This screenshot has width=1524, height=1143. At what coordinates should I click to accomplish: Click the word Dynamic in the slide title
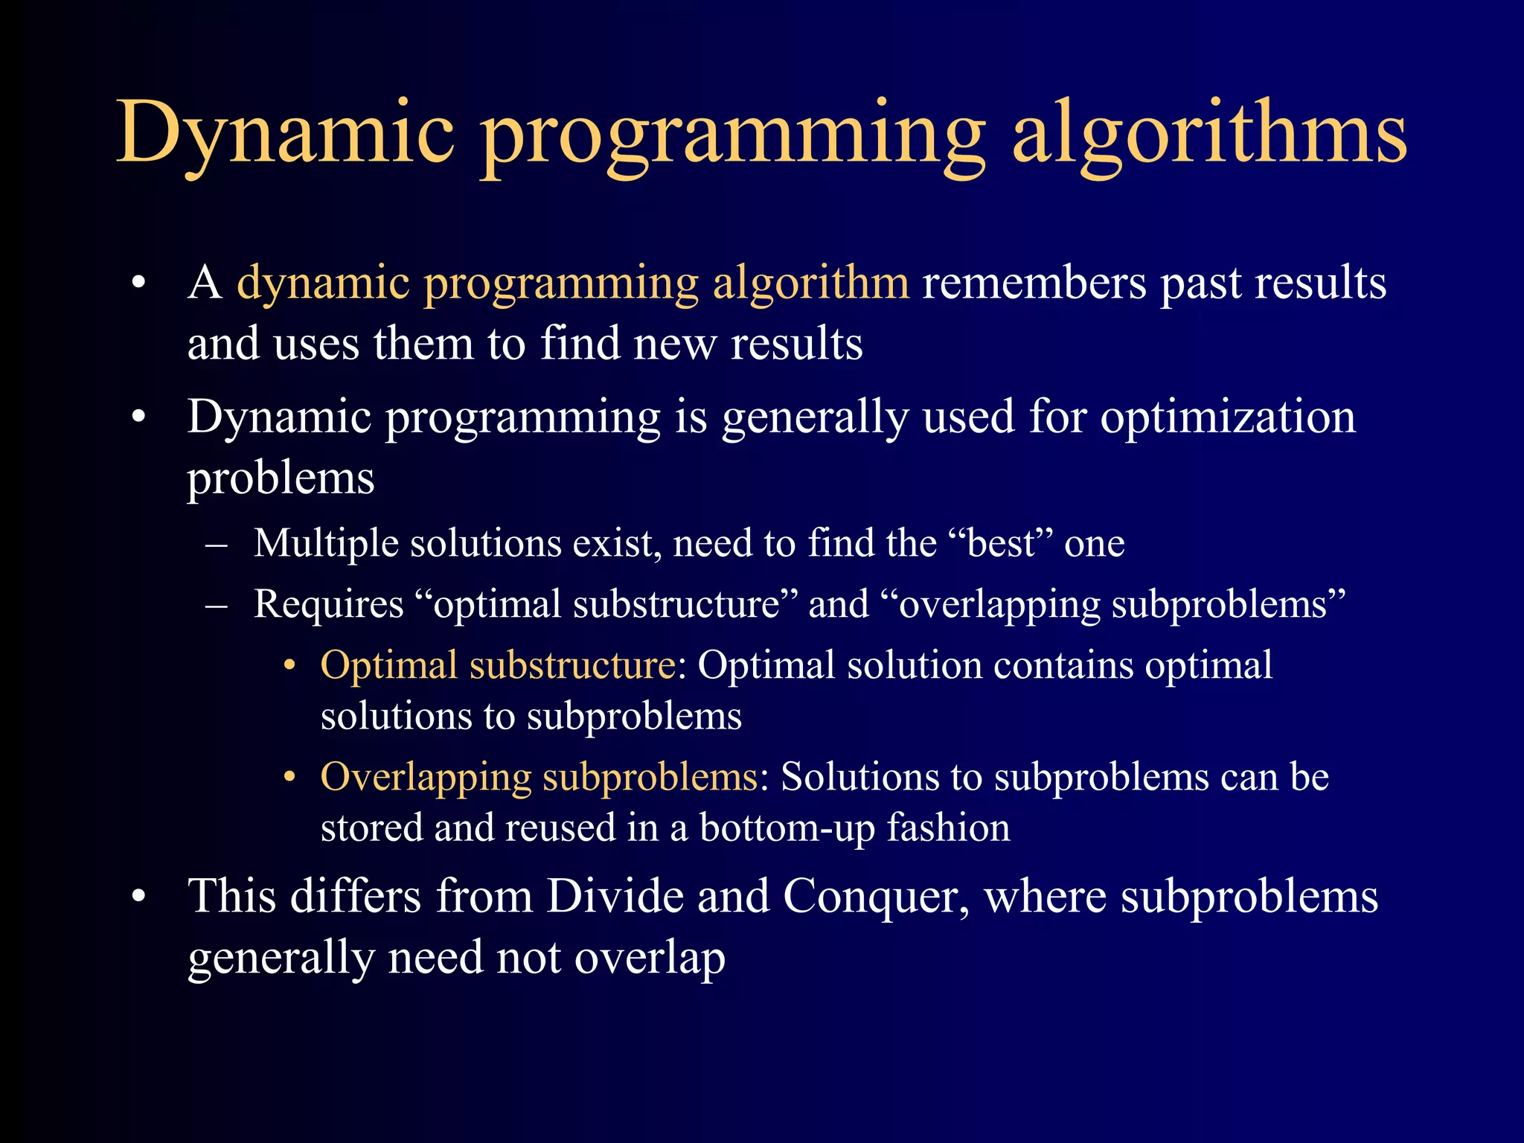coord(286,134)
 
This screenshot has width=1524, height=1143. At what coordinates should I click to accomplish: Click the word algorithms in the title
coord(1209,134)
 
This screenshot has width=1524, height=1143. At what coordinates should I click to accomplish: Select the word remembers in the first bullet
coord(1034,283)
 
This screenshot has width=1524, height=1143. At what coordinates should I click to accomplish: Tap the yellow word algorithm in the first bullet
coord(810,284)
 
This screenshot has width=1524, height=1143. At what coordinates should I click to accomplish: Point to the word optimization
coord(1228,417)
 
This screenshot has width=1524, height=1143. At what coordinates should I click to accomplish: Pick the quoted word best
coord(1001,543)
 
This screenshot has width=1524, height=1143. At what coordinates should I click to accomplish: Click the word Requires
coord(328,604)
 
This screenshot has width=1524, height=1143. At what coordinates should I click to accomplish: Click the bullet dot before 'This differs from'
coord(138,897)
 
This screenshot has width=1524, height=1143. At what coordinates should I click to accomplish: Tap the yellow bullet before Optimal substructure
coord(290,665)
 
